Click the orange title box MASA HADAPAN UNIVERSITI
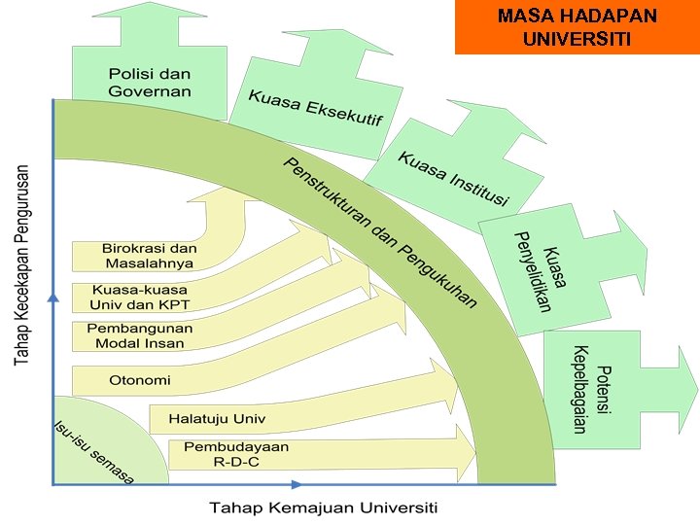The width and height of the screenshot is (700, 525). click(577, 27)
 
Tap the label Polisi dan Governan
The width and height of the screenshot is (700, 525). click(150, 82)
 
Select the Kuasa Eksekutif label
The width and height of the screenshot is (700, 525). click(315, 108)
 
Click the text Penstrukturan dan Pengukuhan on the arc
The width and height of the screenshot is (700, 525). click(380, 232)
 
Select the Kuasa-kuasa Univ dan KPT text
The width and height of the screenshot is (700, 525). click(140, 297)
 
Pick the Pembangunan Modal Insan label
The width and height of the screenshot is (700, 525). click(139, 335)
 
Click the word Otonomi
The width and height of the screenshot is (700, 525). click(140, 379)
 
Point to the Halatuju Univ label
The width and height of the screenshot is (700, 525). click(217, 419)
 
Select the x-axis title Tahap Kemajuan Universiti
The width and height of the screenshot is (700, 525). click(324, 507)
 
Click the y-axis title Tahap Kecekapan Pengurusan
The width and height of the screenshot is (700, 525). click(21, 263)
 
